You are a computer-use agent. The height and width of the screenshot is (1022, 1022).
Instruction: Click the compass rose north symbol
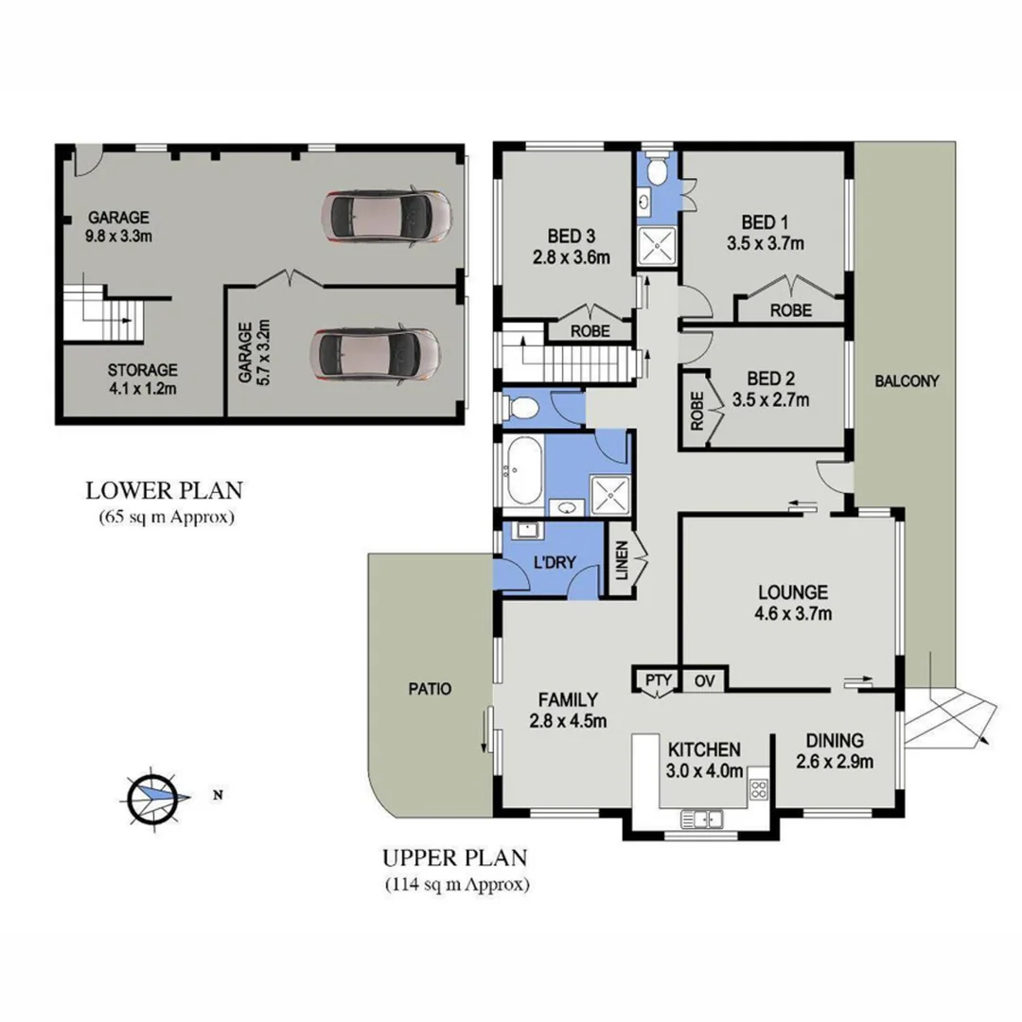click(152, 796)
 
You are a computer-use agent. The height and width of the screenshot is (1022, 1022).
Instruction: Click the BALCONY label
click(906, 381)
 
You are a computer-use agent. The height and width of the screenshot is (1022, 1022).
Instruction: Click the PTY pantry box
click(658, 679)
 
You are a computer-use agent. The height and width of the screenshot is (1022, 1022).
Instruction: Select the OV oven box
click(704, 679)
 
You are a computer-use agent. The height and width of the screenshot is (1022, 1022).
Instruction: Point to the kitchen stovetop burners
click(758, 788)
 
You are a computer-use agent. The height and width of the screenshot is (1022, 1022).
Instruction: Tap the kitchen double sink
click(702, 818)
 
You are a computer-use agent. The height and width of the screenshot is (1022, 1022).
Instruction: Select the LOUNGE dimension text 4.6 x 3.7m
click(793, 614)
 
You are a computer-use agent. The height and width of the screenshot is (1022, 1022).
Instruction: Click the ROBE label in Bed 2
click(698, 412)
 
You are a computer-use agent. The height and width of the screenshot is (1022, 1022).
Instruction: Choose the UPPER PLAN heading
click(454, 858)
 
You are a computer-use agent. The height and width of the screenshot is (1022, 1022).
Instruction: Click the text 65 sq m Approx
click(165, 518)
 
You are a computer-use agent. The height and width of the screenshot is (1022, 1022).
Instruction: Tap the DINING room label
click(835, 740)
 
